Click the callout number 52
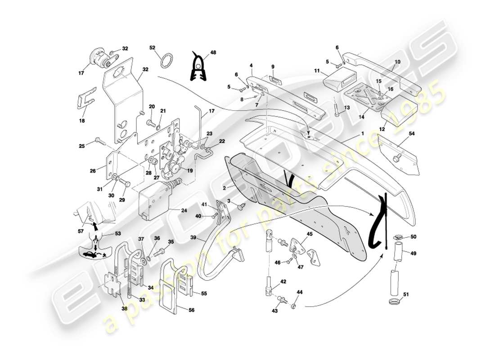click(152, 47)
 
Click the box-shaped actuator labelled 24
click(153, 200)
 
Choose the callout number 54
click(412, 134)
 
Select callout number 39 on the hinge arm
click(193, 238)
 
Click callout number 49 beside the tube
click(414, 253)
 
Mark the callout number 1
click(362, 134)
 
